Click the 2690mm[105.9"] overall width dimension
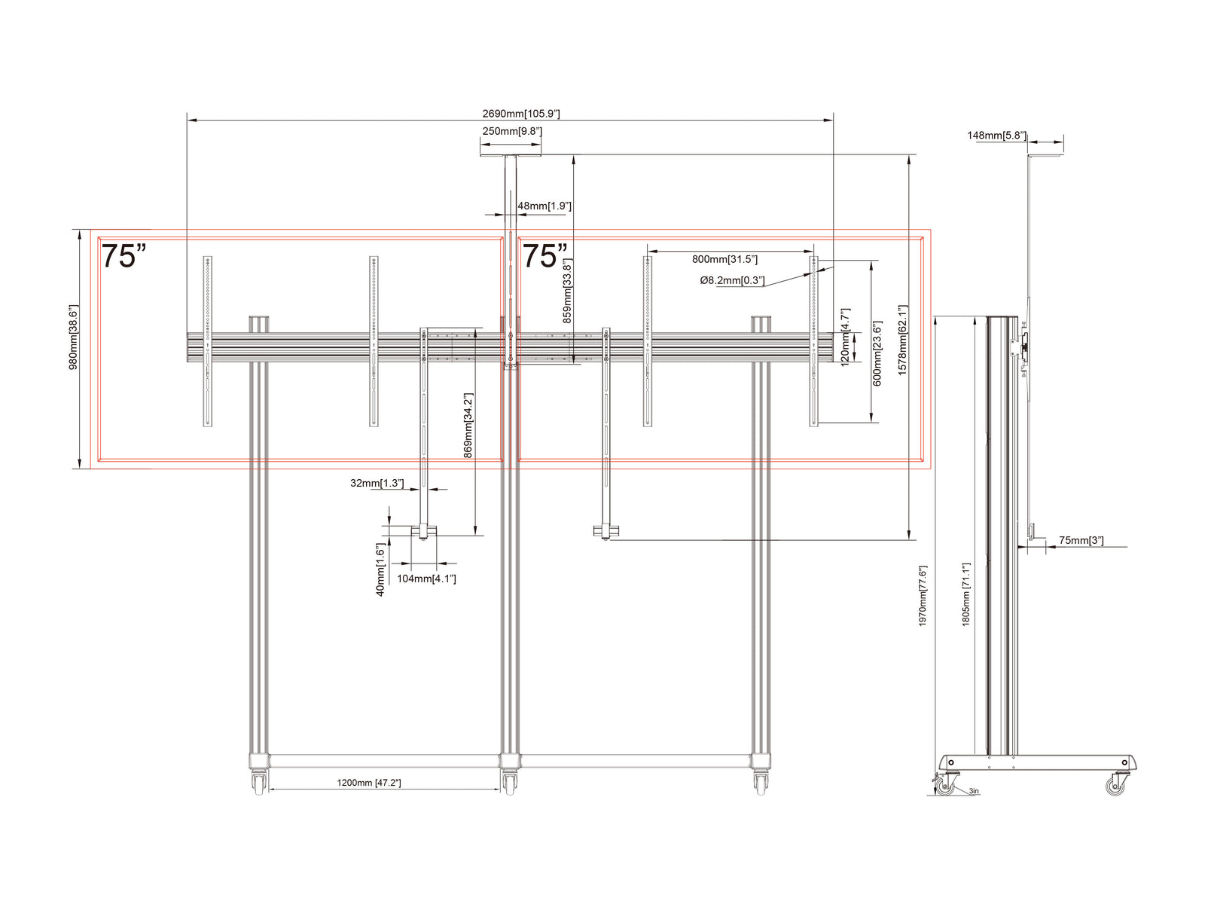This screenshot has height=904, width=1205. click(520, 114)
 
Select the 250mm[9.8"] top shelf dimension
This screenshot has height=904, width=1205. click(511, 131)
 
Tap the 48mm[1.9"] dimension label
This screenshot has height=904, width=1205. click(544, 206)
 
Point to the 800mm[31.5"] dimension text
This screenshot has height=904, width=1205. click(724, 259)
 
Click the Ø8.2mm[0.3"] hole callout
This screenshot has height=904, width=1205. click(732, 280)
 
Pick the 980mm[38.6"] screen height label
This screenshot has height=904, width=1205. click(74, 337)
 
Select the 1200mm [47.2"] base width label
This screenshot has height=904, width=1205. click(368, 783)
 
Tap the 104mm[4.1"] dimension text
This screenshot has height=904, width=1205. click(426, 579)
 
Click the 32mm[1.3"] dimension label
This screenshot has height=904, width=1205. click(377, 483)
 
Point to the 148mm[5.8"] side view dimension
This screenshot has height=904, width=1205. click(996, 135)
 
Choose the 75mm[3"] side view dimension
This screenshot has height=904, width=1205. click(1081, 540)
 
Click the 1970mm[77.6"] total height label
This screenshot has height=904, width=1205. click(923, 596)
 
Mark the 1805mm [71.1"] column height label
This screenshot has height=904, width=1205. click(966, 594)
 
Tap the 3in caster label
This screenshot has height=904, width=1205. click(973, 791)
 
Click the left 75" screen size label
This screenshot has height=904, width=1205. click(123, 256)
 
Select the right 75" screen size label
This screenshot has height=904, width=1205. click(544, 256)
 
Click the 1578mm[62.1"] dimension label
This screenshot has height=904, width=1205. click(902, 341)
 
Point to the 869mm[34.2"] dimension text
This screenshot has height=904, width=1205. click(468, 426)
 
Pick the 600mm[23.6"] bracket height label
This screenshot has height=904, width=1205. click(877, 353)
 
